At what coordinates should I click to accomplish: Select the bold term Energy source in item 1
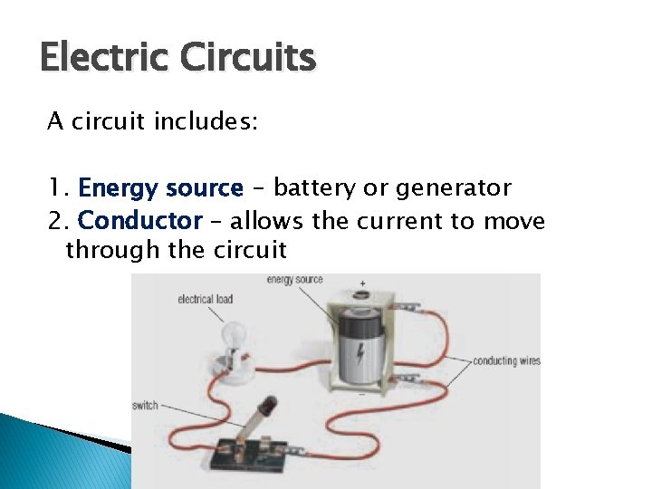pos(160,188)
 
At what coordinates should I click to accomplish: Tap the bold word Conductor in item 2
pos(140,220)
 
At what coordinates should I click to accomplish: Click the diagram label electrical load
pos(206,298)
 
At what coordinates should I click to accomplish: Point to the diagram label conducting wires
pos(506,360)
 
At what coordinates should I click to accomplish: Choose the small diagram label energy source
pos(294,280)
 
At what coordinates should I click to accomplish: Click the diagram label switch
pos(145,406)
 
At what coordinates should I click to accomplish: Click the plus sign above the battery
pos(362,283)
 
